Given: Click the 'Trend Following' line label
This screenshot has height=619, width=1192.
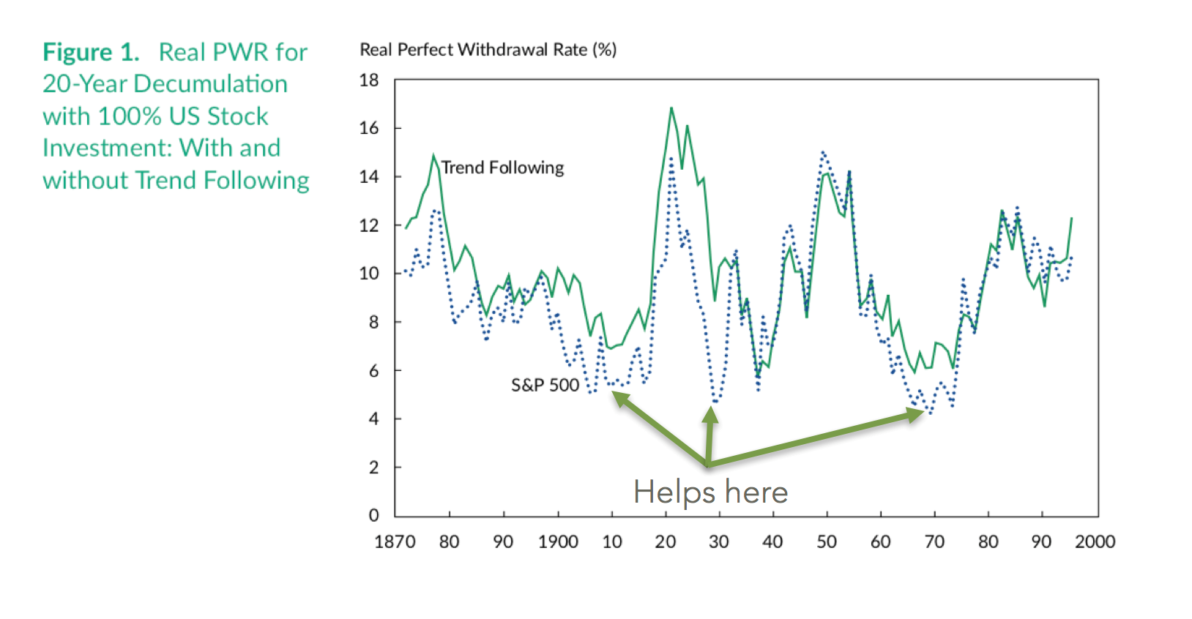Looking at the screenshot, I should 502,168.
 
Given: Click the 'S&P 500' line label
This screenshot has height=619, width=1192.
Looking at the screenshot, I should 545,385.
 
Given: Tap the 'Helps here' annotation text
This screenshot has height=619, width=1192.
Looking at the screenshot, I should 710,492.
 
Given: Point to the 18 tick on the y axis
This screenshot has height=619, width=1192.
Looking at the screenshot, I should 370,80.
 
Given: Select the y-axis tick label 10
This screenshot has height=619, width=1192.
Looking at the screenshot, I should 370,274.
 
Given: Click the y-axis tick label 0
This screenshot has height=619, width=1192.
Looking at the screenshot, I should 374,515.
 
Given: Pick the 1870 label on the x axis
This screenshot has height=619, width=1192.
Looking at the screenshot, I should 395,542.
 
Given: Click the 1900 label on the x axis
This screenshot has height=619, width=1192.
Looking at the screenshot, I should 558,542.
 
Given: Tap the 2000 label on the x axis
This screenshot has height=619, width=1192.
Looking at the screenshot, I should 1095,542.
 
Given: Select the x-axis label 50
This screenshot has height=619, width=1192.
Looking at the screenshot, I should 827,542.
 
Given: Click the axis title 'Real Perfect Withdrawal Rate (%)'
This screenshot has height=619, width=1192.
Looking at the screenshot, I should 488,50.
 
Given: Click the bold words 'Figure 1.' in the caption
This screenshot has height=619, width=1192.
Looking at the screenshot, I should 91,53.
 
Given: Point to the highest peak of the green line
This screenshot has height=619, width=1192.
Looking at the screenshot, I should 671,108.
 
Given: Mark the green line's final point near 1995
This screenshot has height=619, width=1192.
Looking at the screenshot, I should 1072,218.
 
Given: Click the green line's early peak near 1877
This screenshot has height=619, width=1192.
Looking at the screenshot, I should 433,156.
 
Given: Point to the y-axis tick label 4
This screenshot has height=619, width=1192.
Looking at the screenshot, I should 374,419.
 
